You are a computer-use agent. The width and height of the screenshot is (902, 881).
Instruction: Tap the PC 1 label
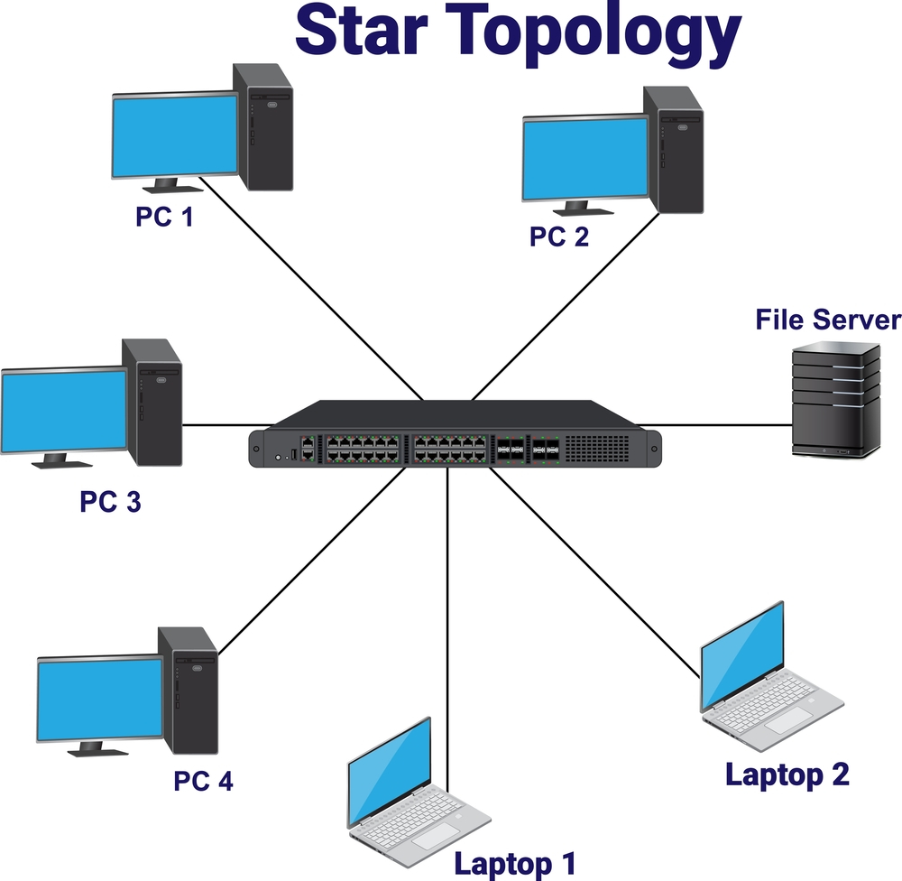tap(164, 218)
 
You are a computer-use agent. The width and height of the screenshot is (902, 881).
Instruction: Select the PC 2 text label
tap(558, 236)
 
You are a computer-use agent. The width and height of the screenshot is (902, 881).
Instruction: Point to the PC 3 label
tap(110, 502)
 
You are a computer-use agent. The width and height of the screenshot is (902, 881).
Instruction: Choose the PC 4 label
tap(203, 780)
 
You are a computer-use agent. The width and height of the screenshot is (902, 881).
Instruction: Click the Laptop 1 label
tap(514, 862)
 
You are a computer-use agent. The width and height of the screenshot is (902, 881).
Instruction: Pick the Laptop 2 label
tap(787, 774)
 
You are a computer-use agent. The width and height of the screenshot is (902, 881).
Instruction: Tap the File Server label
tap(828, 320)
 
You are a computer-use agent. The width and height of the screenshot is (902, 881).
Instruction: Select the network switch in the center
tap(456, 435)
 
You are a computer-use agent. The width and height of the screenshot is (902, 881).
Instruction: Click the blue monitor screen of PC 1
tap(174, 135)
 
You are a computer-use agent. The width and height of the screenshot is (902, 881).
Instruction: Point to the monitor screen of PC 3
tap(65, 411)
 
